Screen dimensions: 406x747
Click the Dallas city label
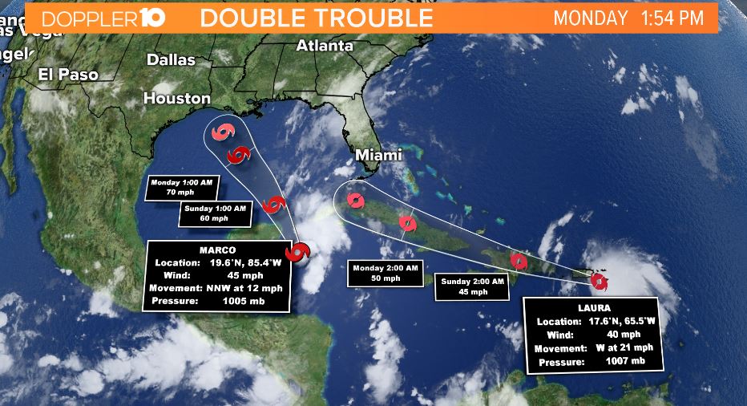(171, 59)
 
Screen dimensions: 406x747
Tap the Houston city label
(176, 98)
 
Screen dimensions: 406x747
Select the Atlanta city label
(325, 46)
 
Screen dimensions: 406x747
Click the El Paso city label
(68, 75)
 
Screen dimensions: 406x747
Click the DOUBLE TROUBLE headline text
(317, 18)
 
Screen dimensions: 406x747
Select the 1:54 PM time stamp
(672, 18)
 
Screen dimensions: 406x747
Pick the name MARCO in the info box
(219, 250)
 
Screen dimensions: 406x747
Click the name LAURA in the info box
(592, 307)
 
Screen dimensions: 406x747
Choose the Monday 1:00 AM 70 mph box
(182, 188)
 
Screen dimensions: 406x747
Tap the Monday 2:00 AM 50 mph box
(383, 273)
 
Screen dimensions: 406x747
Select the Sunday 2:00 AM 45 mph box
(472, 286)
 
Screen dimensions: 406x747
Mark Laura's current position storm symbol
(599, 281)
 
